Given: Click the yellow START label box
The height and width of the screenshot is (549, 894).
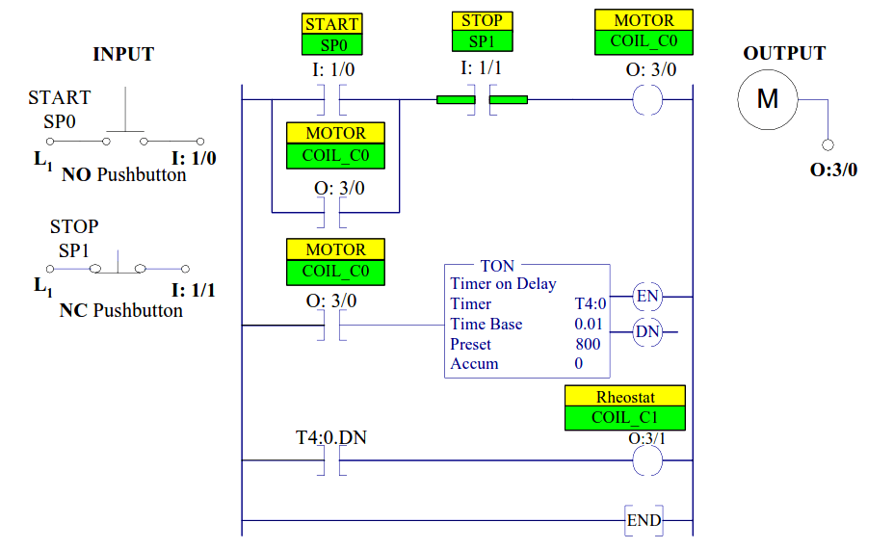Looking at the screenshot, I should (x=331, y=24).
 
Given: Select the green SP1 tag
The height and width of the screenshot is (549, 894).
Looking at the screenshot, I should (x=482, y=41).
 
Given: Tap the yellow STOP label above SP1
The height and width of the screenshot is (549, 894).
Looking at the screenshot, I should (x=482, y=21).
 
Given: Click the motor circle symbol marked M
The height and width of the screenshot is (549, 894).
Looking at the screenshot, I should (x=768, y=98).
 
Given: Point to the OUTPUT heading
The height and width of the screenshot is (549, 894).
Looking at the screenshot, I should (x=784, y=54).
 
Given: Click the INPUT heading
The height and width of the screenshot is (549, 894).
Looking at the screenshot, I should (x=122, y=54).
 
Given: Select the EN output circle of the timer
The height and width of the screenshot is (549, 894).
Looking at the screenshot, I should (x=647, y=297).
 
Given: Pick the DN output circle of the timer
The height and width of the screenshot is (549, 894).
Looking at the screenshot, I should (x=647, y=332).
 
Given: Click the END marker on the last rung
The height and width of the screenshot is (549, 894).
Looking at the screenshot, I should (x=644, y=521).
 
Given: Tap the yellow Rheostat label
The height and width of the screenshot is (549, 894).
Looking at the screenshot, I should (x=625, y=397).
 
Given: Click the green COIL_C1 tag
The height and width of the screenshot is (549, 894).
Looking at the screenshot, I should (x=625, y=418).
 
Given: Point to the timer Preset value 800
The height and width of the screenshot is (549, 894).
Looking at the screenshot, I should (x=588, y=344).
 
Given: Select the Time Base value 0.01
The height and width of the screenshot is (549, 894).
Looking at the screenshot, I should (x=588, y=324).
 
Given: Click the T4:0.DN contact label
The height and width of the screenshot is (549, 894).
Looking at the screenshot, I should (x=330, y=437).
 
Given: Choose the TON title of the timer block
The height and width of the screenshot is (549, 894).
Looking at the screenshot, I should (x=497, y=266).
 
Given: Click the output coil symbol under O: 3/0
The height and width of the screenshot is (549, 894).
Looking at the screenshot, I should (x=647, y=99).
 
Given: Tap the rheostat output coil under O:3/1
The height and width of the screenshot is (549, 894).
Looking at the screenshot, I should (x=647, y=460).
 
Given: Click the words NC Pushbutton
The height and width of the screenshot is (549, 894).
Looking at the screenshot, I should (x=121, y=310).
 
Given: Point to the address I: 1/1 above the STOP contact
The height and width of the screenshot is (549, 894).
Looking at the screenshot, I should (x=481, y=68).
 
